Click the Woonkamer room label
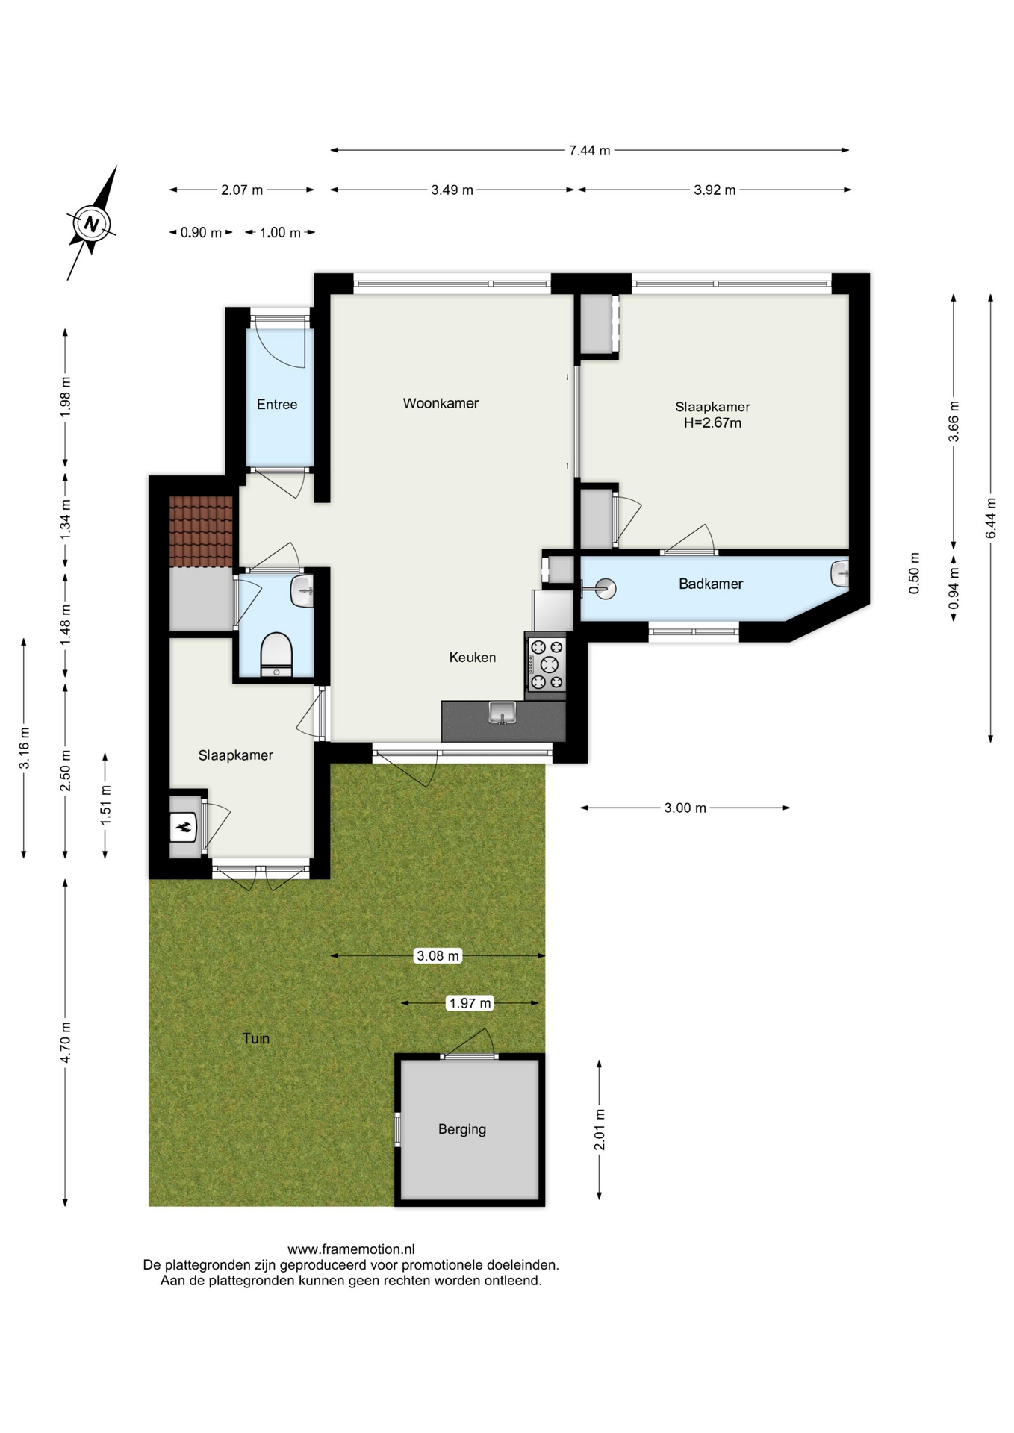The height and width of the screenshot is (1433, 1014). tap(441, 403)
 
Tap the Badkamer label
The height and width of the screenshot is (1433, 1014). tap(711, 584)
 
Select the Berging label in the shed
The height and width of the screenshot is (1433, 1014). tap(462, 1129)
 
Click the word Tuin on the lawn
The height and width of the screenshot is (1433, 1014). tap(256, 1038)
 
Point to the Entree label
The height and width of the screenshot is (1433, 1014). tap(277, 405)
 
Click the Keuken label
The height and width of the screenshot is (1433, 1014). tap(473, 658)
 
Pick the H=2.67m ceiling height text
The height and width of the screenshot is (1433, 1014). tap(713, 423)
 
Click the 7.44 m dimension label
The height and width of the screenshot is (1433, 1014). tap(590, 150)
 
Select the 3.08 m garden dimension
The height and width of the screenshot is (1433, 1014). tap(438, 955)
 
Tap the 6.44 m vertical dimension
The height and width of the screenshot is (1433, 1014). tap(991, 517)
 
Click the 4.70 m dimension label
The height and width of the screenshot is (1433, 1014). tap(66, 1043)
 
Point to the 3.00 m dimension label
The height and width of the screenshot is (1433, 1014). tap(685, 808)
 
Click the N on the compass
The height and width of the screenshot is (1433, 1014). tap(92, 223)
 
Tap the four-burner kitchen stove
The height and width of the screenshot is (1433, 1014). tap(547, 664)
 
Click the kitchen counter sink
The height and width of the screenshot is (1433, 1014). tap(503, 713)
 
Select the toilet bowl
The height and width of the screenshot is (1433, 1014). tap(276, 655)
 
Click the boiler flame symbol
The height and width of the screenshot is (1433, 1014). tap(183, 827)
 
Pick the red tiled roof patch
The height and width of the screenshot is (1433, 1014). tap(202, 531)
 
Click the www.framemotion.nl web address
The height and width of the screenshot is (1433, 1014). tap(351, 1249)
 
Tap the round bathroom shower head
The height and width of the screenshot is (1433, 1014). tap(606, 590)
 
